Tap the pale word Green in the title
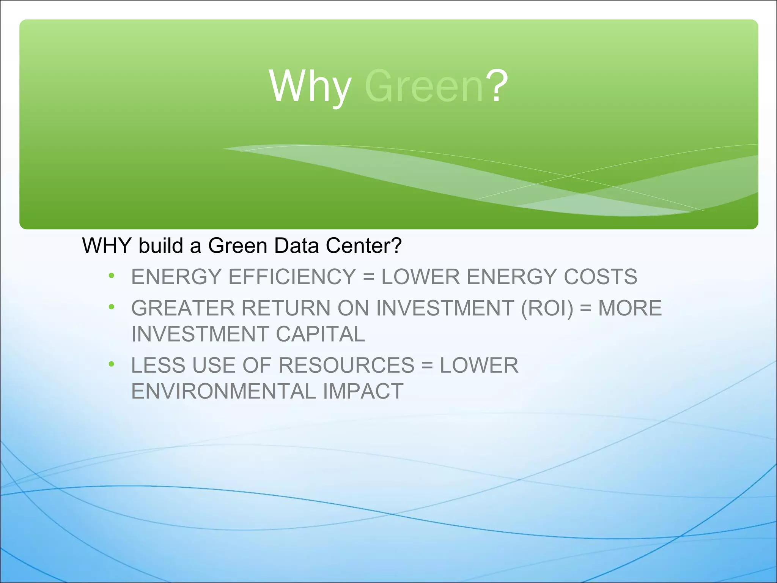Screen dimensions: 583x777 point(424,87)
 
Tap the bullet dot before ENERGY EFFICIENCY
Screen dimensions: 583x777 point(111,276)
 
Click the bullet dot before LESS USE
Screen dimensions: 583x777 point(111,364)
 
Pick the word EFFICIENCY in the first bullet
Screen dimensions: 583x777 point(292,277)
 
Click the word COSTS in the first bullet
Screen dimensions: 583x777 point(600,277)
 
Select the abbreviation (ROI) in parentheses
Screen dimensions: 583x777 point(547,308)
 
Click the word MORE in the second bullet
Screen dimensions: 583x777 point(630,308)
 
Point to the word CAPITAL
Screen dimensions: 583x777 point(320,334)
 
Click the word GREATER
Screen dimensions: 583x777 point(183,308)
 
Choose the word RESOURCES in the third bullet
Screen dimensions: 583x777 point(346,365)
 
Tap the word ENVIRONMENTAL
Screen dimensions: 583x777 point(223,391)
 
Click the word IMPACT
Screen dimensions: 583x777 point(363,391)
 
